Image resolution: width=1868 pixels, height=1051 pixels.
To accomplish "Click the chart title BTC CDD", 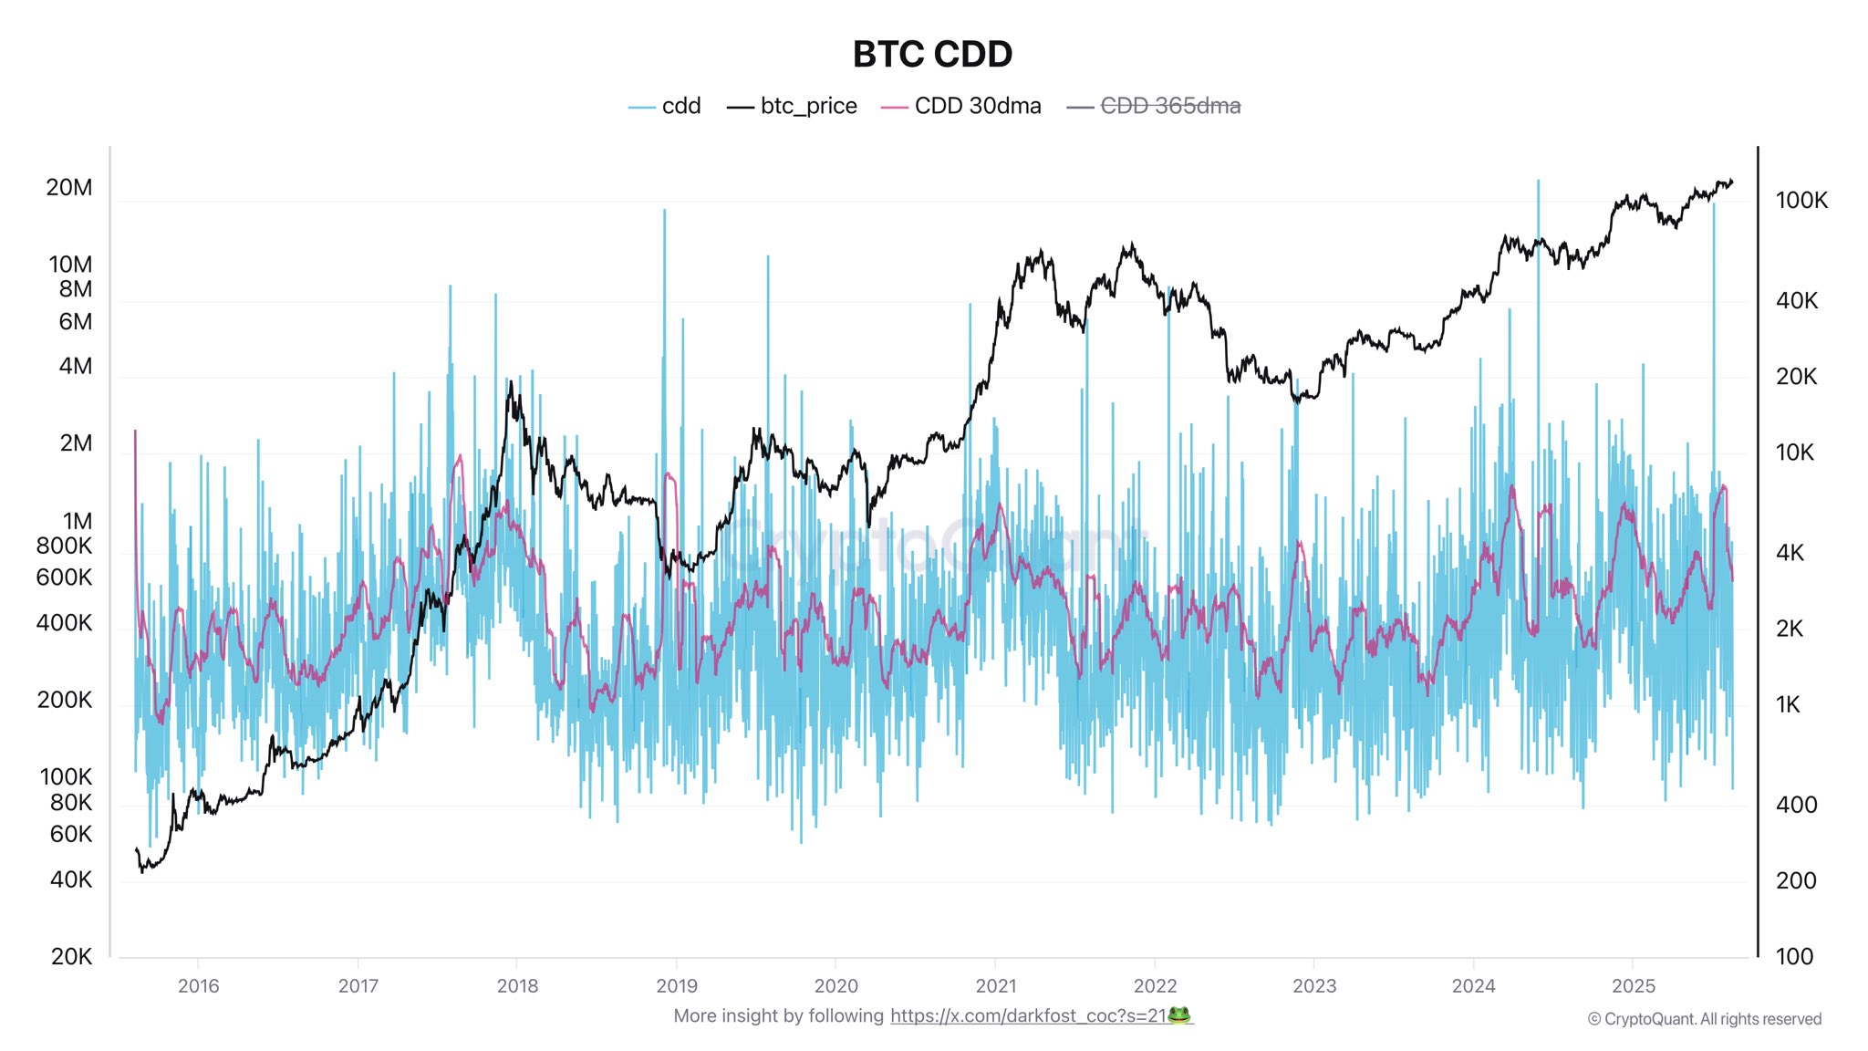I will [x=932, y=55].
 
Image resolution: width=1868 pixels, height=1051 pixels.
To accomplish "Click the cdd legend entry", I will [x=666, y=106].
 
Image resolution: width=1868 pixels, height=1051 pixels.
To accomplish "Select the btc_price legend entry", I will [x=793, y=106].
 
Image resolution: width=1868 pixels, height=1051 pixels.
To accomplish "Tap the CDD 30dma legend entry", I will [x=962, y=106].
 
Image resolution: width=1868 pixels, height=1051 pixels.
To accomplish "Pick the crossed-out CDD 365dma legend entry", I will [x=1155, y=106].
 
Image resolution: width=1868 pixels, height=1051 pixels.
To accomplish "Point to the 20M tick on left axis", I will [x=69, y=187].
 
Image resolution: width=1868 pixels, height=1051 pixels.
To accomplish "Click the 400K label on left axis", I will [x=64, y=622].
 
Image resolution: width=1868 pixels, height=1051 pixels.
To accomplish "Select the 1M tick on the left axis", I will [x=77, y=521].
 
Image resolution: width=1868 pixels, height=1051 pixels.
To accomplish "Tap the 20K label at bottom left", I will [x=71, y=956].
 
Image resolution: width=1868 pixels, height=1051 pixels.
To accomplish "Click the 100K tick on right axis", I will [x=1801, y=200].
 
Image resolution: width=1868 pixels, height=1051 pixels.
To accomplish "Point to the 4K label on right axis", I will [x=1790, y=552].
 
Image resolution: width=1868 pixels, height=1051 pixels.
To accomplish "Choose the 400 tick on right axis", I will [x=1796, y=805].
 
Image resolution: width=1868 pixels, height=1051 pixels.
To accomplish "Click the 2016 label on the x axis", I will [x=198, y=985].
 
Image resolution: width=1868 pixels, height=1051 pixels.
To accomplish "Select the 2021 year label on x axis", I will [x=995, y=985].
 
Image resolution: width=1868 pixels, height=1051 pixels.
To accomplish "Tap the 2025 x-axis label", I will [x=1633, y=985].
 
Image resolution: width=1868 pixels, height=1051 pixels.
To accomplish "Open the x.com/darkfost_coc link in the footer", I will [x=1028, y=1015].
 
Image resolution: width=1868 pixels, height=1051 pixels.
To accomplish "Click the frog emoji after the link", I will [x=1179, y=1015].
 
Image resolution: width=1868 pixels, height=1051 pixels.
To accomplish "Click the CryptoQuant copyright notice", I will [x=1704, y=1019].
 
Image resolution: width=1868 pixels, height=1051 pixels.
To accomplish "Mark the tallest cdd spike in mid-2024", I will [x=1538, y=182].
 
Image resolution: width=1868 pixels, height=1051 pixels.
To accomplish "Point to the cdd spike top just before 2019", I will [x=664, y=212].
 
